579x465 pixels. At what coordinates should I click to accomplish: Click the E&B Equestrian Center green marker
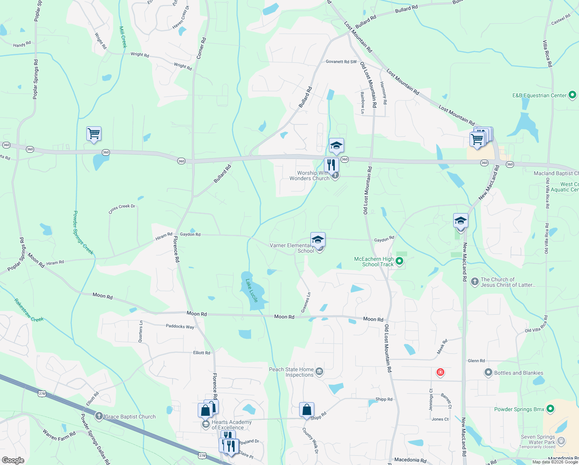click(x=572, y=95)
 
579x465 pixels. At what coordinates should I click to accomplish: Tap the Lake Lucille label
click(x=252, y=290)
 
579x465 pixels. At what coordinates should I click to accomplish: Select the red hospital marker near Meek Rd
click(x=440, y=372)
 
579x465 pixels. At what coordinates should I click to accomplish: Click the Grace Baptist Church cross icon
click(x=99, y=416)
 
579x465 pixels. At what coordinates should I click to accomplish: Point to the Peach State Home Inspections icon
click(x=319, y=372)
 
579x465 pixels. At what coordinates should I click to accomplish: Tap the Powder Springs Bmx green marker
click(x=551, y=409)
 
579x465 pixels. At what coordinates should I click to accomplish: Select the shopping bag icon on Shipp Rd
click(x=307, y=410)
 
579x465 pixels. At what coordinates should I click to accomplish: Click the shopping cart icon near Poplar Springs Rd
click(x=94, y=134)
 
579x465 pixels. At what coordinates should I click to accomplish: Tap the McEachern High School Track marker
click(x=399, y=262)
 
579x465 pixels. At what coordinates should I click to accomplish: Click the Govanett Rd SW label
click(x=341, y=62)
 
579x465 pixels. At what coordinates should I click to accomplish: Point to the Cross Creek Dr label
click(x=122, y=208)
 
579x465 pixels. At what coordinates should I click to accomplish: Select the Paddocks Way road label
click(x=180, y=326)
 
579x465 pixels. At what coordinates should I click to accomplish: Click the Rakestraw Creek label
click(x=29, y=310)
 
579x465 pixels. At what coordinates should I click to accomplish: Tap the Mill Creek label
click(x=123, y=37)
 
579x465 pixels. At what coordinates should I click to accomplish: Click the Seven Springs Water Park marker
click(x=561, y=441)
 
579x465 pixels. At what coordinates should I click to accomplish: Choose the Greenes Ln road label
click(x=306, y=302)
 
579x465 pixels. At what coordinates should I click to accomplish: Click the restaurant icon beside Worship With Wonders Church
click(x=331, y=165)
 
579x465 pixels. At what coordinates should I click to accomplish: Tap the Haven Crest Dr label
click(x=181, y=17)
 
